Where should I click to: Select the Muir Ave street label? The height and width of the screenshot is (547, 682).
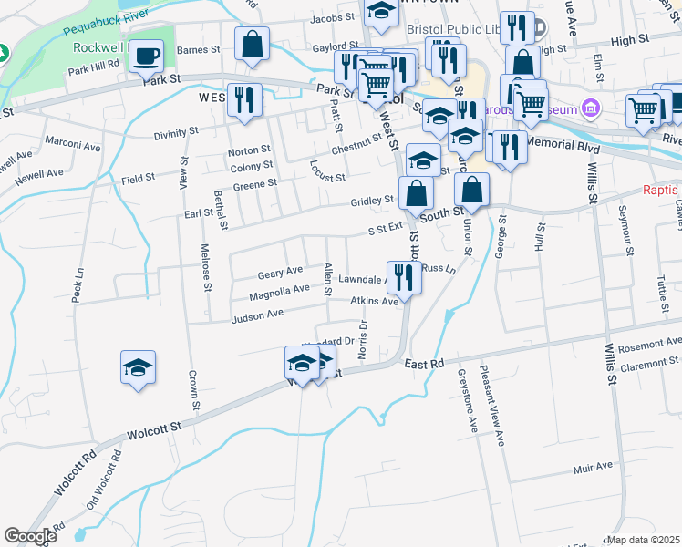593,467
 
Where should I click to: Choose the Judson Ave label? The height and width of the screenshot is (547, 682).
258,315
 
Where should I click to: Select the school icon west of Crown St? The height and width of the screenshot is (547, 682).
138,367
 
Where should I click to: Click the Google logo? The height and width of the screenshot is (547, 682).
30,536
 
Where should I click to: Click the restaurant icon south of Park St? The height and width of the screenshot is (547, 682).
244,99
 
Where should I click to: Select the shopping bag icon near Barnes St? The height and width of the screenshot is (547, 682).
253,44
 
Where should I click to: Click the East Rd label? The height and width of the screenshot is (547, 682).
424,364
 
